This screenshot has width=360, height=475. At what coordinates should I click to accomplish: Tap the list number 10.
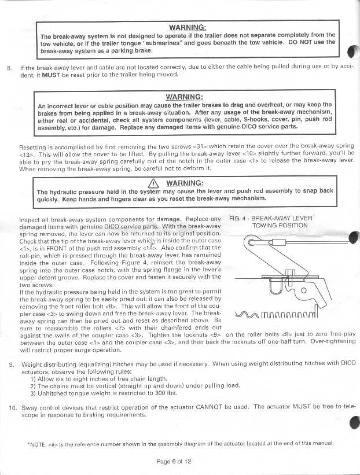[11, 407]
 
